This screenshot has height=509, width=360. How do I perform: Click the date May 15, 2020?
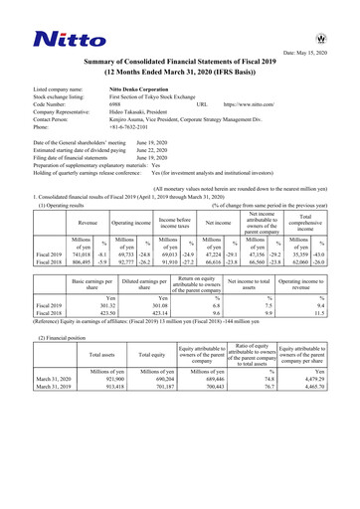click(314, 52)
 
